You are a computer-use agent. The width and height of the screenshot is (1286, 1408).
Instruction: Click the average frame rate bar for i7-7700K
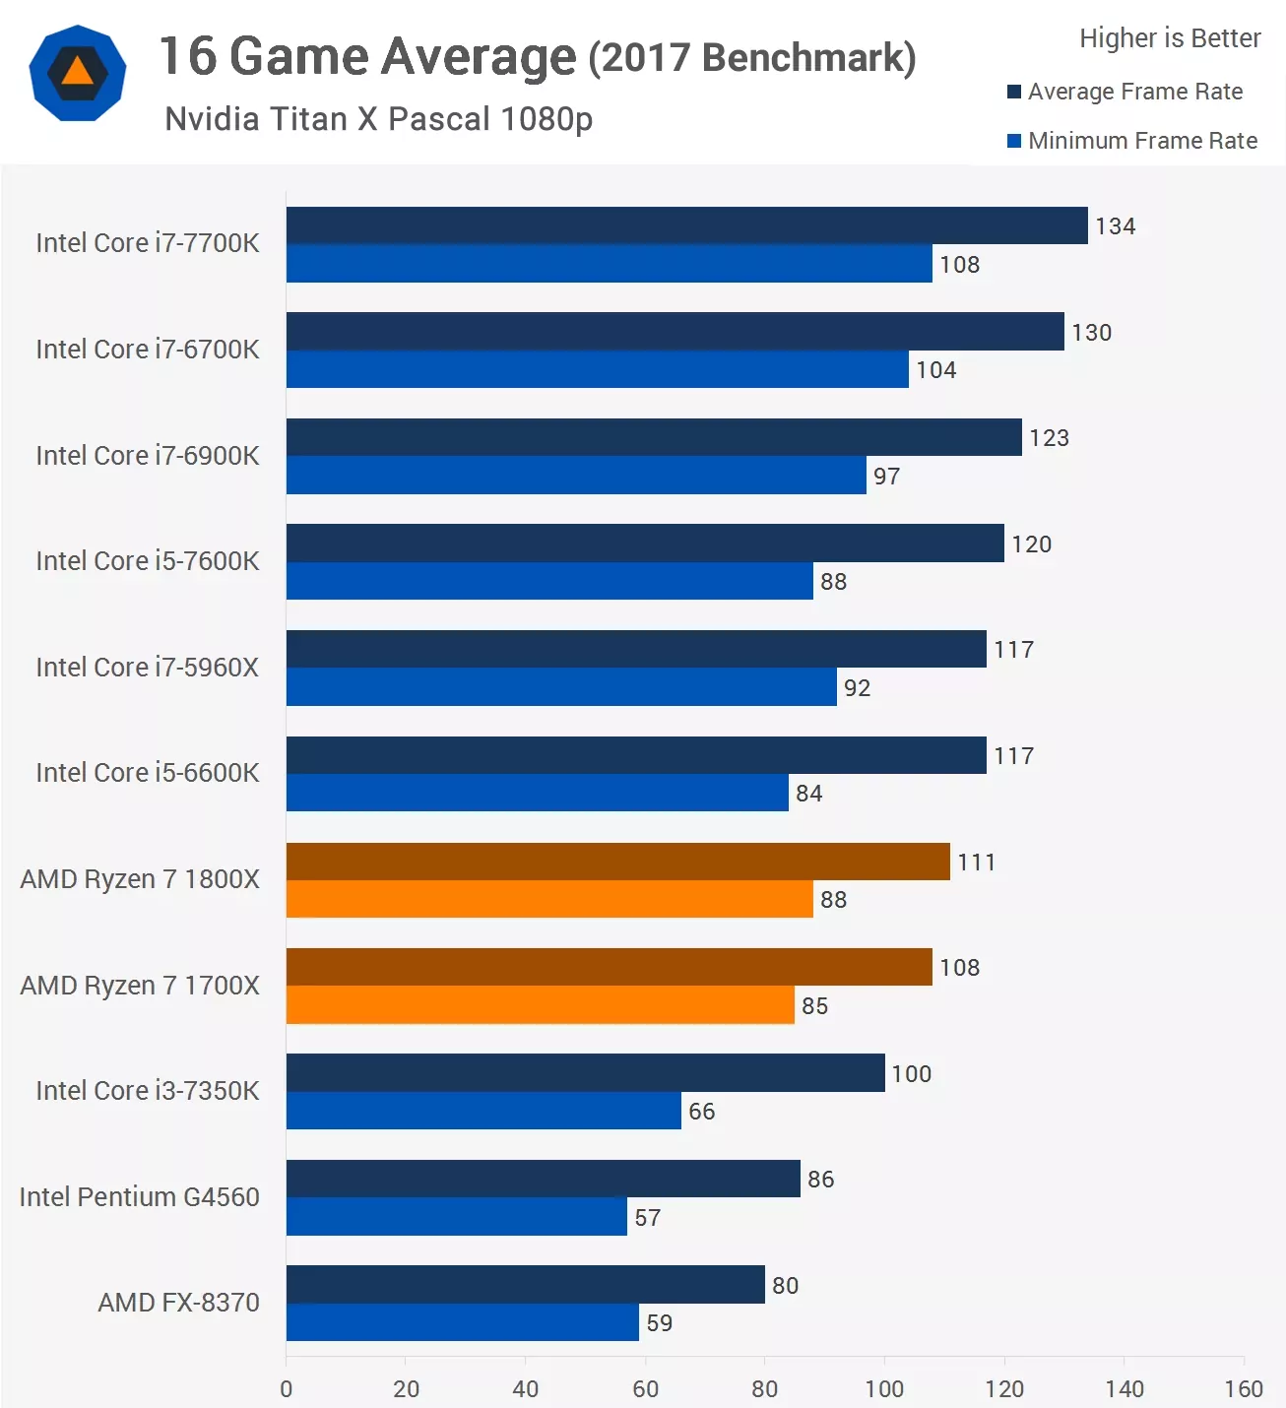pos(686,225)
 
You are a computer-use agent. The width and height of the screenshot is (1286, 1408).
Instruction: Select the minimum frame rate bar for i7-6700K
pos(597,369)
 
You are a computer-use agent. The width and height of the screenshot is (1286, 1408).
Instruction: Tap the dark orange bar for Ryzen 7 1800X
pos(617,862)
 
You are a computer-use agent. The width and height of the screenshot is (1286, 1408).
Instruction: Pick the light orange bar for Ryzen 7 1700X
pos(540,1005)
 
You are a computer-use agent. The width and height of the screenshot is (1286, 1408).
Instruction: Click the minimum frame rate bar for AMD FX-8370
pos(462,1322)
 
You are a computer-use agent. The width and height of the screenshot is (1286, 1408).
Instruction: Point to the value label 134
pos(1115,226)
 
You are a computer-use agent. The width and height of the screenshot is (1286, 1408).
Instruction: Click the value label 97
pos(886,477)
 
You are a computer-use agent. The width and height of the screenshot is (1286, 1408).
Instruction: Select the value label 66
pos(701,1112)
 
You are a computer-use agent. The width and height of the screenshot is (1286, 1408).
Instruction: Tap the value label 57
pos(647,1218)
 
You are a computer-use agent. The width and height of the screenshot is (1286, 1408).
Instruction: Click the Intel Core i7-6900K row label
pos(148,456)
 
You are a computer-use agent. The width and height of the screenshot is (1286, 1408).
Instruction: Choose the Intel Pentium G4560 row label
pos(139,1197)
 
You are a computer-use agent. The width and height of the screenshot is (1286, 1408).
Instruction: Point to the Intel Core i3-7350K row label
pos(148,1091)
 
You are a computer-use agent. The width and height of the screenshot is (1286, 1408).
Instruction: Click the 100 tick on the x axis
pos(884,1388)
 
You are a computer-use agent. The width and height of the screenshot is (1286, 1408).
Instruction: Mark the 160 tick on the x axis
pos(1244,1388)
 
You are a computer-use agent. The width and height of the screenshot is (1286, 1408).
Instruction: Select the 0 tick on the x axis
pos(287,1388)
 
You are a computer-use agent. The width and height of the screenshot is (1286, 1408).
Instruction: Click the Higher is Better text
pos(1170,38)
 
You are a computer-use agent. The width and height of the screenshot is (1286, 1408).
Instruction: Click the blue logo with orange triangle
pos(78,74)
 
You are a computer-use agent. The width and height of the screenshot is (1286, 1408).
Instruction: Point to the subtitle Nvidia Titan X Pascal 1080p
pos(378,119)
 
